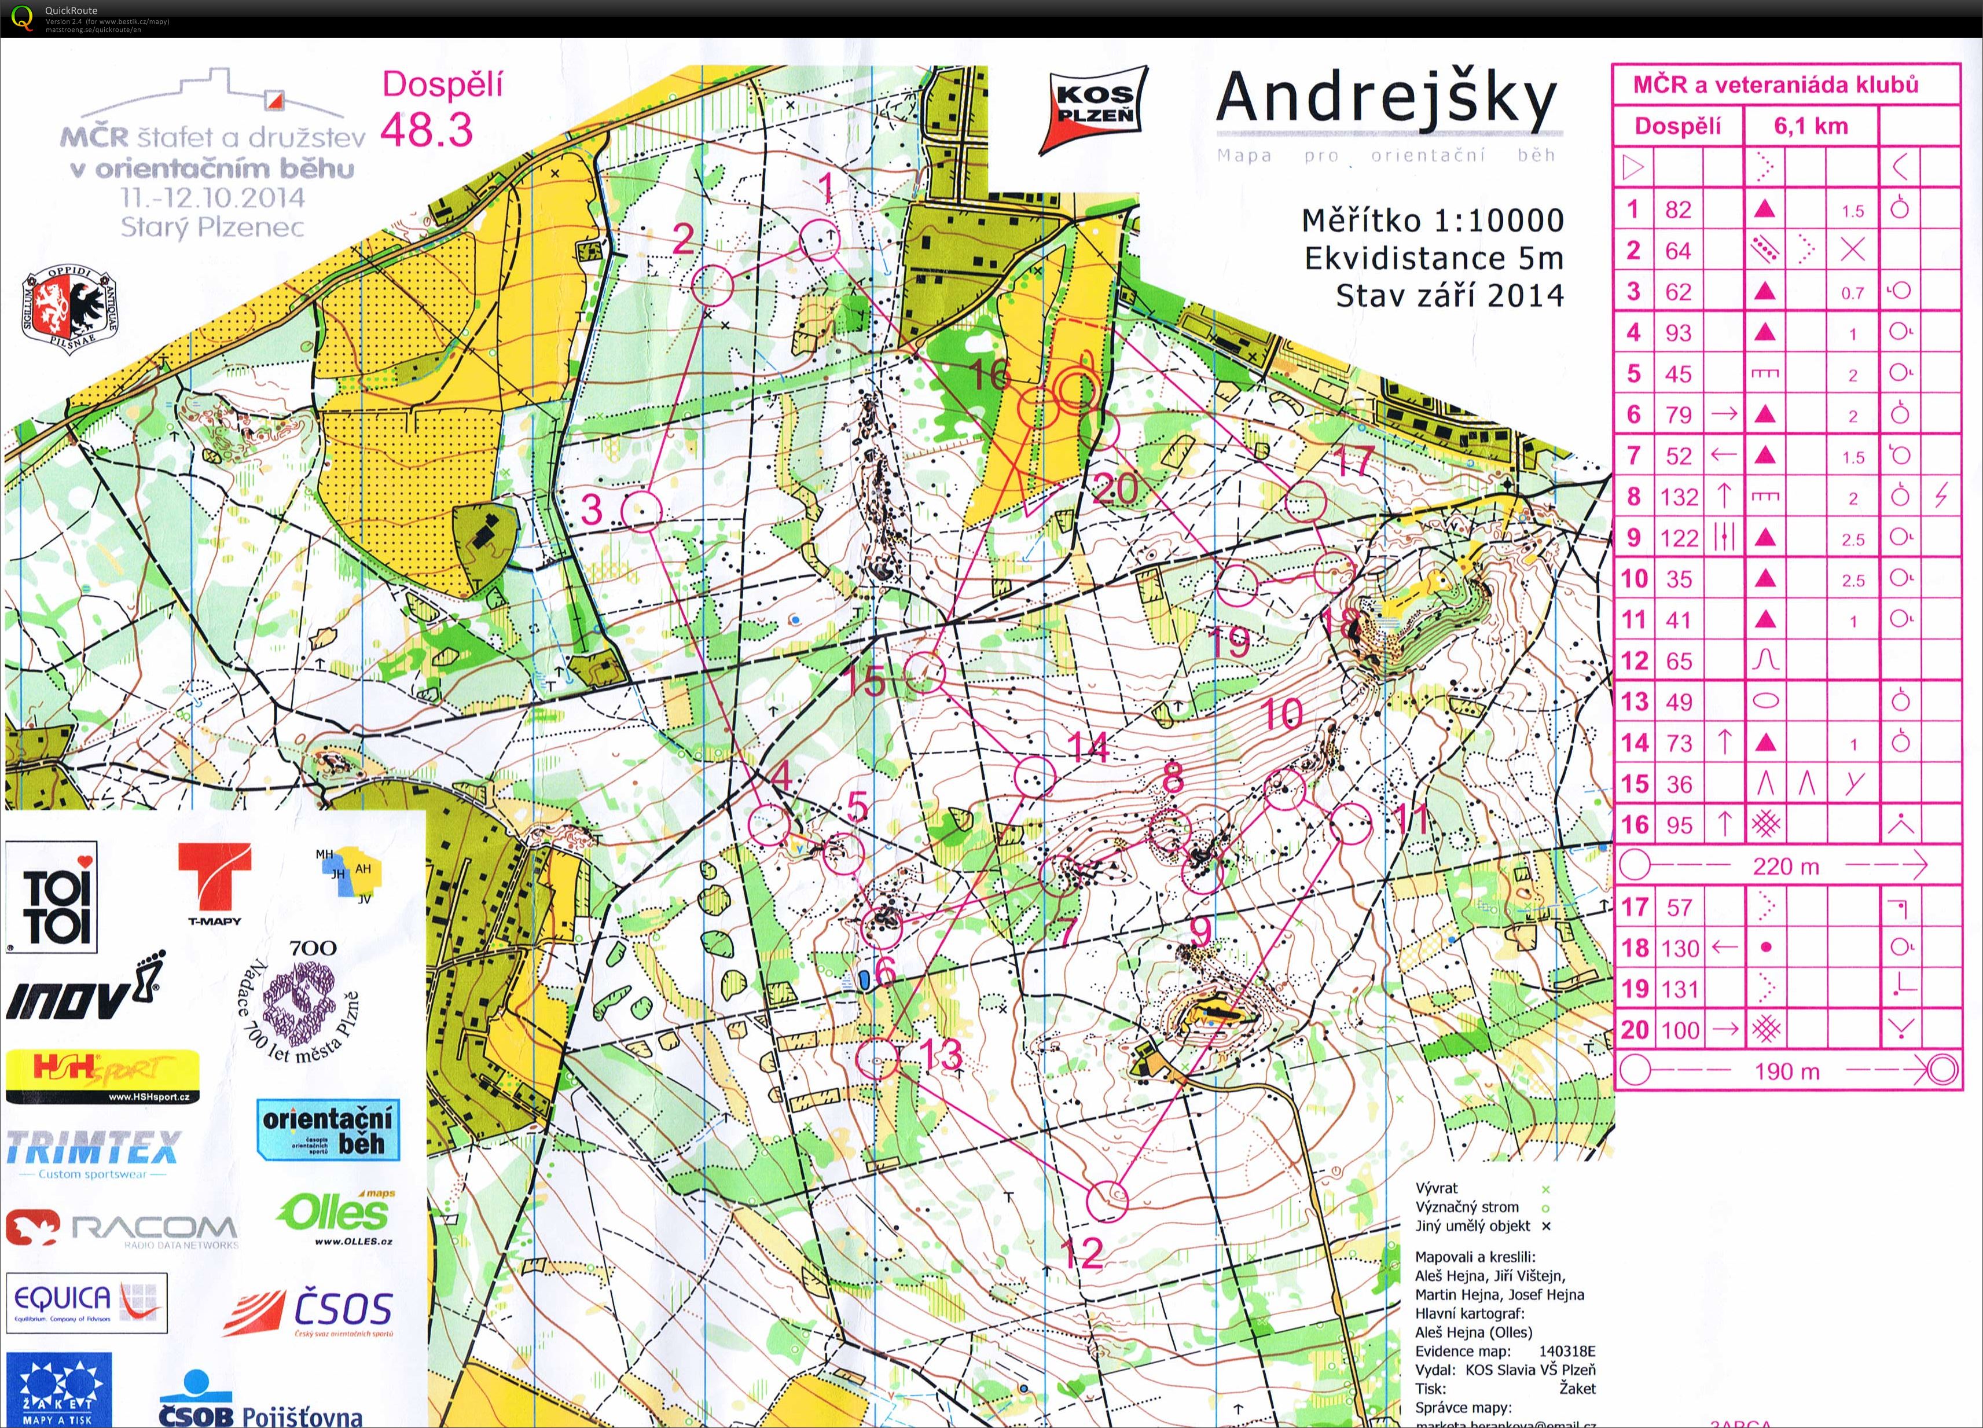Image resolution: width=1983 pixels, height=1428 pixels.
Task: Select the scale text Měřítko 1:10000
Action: coord(1432,221)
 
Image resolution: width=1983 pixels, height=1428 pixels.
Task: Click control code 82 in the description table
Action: coord(1678,210)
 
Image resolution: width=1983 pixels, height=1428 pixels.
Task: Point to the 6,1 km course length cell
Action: coord(1810,126)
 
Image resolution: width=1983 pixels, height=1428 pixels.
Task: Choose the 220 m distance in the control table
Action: coord(1786,867)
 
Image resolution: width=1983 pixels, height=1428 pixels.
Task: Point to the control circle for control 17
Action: coord(1306,502)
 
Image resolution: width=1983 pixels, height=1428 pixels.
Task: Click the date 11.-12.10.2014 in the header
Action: coord(212,197)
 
